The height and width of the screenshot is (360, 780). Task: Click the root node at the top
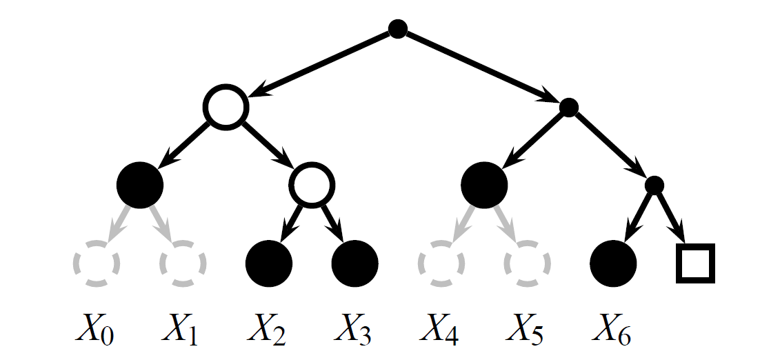point(398,29)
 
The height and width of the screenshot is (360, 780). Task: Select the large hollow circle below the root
point(225,108)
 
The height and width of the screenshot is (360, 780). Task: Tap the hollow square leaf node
point(694,263)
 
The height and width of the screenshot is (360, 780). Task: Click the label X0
point(94,331)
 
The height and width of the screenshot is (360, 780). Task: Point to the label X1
point(180,331)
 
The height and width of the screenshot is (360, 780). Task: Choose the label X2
point(267,331)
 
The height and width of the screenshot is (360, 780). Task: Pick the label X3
point(353,331)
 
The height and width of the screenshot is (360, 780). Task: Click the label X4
point(439,331)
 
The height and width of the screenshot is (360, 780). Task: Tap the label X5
point(526,331)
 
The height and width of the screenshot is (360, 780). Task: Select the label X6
point(612,331)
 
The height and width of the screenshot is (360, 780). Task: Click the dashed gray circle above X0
point(97,263)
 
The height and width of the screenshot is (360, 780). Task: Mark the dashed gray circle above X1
point(183,263)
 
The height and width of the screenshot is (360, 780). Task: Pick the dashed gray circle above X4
point(441,263)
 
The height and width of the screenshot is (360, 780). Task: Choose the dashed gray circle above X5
point(528,263)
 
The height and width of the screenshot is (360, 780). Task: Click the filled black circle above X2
point(269,263)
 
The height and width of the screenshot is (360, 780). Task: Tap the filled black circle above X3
point(355,263)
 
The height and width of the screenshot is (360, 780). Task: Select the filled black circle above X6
point(613,263)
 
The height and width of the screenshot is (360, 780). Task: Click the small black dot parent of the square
point(654,185)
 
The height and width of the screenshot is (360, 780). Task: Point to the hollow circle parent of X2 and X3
point(312,184)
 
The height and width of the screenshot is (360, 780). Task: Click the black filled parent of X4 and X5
point(484,184)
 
